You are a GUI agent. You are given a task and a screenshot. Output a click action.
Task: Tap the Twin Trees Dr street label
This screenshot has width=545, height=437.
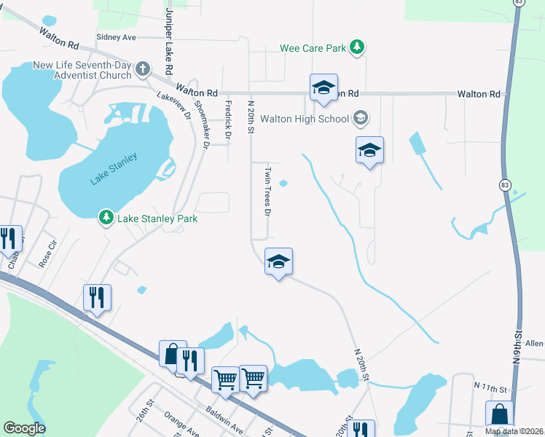click(267, 192)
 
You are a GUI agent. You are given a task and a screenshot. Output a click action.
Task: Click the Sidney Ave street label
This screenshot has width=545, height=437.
click(116, 36)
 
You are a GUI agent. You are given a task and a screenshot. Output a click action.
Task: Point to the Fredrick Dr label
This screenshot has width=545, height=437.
click(227, 120)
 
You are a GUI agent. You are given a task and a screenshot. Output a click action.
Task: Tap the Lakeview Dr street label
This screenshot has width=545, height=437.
click(173, 105)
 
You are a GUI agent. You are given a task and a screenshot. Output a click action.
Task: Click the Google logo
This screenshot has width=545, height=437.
click(24, 428)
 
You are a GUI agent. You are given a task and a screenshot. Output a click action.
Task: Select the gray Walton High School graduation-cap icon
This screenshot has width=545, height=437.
click(360, 117)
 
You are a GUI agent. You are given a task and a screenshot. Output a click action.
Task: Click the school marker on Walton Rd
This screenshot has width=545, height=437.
click(323, 88)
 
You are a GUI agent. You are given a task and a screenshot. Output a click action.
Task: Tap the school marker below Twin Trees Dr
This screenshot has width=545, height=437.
click(278, 261)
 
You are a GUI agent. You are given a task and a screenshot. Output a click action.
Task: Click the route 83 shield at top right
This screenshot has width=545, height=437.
click(517, 4)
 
